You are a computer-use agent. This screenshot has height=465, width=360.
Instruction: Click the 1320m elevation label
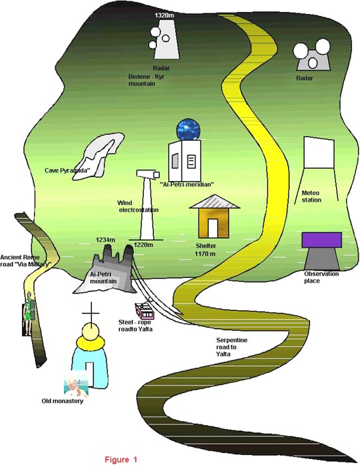click(164, 15)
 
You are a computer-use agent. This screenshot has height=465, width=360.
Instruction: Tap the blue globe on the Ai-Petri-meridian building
click(188, 129)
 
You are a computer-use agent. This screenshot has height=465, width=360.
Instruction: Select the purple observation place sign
click(321, 240)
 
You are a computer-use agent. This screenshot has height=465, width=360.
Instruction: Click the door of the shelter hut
click(213, 228)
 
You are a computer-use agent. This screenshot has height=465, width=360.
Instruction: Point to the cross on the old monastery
click(90, 313)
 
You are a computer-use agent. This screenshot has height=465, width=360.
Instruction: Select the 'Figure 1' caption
click(121, 460)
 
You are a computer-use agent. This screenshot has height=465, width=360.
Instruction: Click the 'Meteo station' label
click(311, 196)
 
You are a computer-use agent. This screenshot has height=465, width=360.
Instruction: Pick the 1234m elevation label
click(105, 239)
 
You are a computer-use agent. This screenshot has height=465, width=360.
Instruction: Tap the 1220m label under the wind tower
click(143, 245)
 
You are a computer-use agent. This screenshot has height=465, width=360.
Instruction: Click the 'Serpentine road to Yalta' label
click(232, 347)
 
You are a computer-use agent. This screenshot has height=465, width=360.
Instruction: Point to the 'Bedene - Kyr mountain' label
click(146, 80)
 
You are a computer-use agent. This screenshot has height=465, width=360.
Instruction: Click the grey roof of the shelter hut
click(214, 202)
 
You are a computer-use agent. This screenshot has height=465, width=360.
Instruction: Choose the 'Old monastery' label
click(63, 401)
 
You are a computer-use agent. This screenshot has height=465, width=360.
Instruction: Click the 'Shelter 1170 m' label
click(206, 249)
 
